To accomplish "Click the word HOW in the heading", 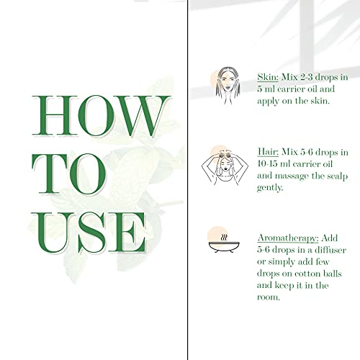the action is click(101, 116).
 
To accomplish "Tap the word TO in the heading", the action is click(69, 174).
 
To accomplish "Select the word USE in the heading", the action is click(89, 233).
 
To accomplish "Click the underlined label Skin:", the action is click(268, 77).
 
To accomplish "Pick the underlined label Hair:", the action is click(268, 152).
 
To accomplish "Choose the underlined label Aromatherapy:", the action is click(288, 238).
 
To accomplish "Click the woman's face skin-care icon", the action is click(227, 86).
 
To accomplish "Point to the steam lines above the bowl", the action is click(224, 238).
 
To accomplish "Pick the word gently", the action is click(270, 188).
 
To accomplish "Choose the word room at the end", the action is click(269, 297).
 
